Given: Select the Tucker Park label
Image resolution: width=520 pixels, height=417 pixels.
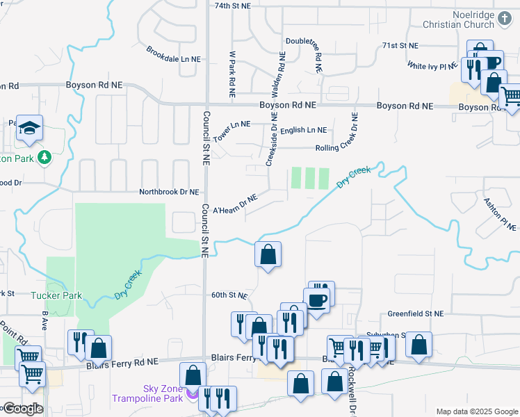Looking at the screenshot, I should coord(56,295).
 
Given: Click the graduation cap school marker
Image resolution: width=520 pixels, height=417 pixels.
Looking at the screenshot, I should coord(30,129).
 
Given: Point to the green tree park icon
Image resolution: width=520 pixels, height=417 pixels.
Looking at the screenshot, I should coord(44,158).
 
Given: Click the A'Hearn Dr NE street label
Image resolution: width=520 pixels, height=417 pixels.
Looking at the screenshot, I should coord(235,204).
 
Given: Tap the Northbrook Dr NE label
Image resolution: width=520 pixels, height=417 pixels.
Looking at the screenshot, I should coord(169,192).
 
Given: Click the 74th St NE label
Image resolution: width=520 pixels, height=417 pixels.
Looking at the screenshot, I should coord(232,6).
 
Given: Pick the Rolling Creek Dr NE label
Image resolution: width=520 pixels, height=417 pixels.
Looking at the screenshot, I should coord(345,148).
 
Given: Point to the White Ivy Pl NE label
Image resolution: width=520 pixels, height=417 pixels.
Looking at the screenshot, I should coord(432,65).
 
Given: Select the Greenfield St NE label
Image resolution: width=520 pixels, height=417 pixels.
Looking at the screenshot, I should coord(415,314).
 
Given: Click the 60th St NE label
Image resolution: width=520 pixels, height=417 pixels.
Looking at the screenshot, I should coord(229,295).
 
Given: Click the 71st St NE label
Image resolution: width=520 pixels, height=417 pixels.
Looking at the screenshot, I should coord(400,45).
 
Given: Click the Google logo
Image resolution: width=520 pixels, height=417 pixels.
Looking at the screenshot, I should coord(22,408).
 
